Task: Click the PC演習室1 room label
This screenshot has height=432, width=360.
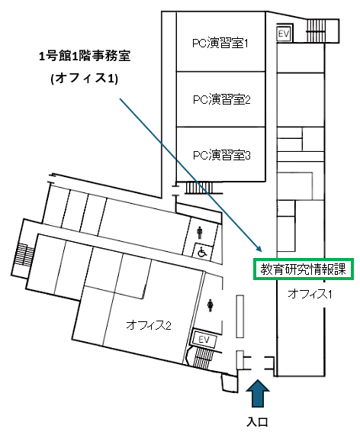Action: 220,44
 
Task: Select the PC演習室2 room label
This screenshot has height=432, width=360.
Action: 221,99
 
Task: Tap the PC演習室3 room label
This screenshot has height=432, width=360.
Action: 221,156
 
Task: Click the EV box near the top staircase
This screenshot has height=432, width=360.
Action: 284,34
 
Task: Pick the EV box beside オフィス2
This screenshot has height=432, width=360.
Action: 204,339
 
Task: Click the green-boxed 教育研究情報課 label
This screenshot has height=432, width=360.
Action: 303,269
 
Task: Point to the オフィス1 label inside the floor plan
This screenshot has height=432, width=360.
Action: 310,294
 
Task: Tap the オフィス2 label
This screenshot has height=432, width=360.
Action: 149,325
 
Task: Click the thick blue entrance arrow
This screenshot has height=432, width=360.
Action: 258,393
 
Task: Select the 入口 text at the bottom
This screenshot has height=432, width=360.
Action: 257,422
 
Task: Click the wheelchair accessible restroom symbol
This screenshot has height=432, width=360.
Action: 202,252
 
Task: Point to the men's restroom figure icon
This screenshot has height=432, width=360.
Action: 200,233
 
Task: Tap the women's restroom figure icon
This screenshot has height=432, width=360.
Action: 211,305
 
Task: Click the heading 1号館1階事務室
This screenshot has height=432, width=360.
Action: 85,56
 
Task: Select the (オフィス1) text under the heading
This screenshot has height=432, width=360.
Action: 85,79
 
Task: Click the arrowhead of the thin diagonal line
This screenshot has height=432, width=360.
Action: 259,249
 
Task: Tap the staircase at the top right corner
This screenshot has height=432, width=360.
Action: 317,31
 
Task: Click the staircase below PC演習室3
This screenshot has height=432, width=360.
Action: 199,188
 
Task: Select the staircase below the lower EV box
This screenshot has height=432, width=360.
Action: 202,357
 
